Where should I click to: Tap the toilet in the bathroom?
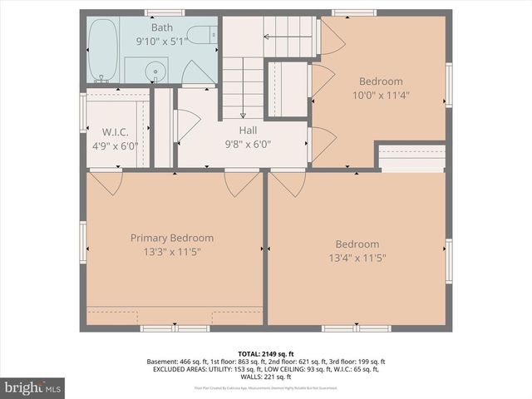click(x=199, y=35)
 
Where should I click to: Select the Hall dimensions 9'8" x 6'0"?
click(x=248, y=144)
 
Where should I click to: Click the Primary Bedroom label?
click(x=172, y=238)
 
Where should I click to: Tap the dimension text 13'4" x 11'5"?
click(x=357, y=258)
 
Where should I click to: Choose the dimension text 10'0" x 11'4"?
click(x=381, y=95)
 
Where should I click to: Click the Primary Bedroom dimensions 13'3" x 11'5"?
click(x=172, y=251)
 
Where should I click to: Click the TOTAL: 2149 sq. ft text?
click(x=266, y=354)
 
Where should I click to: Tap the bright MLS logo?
click(x=33, y=387)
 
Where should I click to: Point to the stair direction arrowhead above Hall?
click(x=244, y=116)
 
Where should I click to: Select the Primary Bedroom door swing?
click(x=241, y=183)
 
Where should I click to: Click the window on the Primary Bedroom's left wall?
click(x=83, y=241)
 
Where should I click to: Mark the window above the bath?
click(x=164, y=12)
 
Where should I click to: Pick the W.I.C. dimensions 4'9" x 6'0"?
click(x=117, y=146)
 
